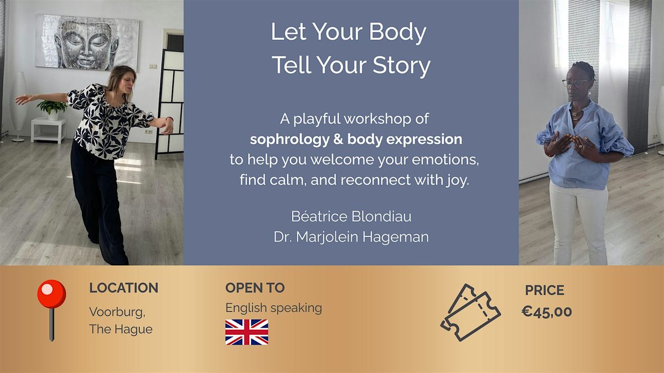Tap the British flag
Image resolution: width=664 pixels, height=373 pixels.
click(247, 332)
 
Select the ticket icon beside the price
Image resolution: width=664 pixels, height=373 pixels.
click(470, 312)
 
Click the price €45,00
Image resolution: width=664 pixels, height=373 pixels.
click(547, 312)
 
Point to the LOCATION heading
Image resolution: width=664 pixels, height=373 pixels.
click(123, 288)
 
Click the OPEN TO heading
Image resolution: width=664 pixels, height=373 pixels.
click(255, 288)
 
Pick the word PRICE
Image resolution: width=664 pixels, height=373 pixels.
click(544, 290)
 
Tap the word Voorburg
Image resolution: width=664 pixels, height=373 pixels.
click(117, 312)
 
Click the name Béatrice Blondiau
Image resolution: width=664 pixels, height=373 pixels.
click(351, 216)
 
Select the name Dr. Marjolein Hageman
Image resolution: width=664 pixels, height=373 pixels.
click(351, 237)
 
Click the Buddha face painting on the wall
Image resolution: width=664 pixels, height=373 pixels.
click(87, 42)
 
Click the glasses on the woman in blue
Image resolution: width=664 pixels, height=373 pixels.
click(576, 82)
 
